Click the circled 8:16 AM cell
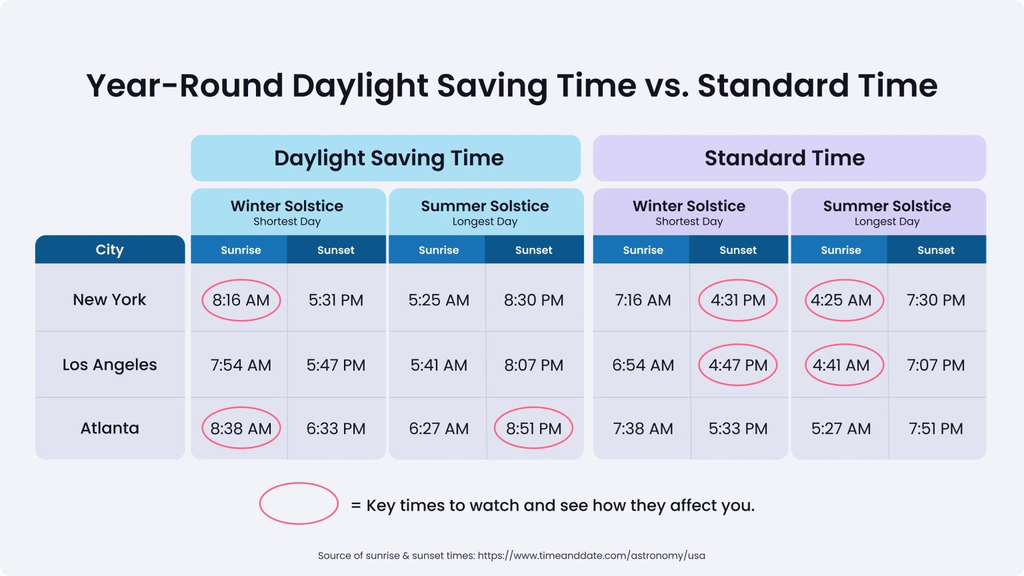[241, 300]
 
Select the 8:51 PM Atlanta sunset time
[533, 428]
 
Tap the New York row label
[109, 300]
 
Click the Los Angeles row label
[109, 365]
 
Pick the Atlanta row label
[109, 428]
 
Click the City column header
[109, 249]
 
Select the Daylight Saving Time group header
[388, 158]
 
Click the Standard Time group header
[784, 158]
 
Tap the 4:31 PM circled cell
[737, 300]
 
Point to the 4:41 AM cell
[841, 365]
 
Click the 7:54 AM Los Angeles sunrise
[241, 365]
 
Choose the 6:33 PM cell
[336, 428]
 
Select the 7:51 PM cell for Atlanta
[935, 428]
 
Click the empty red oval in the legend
[299, 503]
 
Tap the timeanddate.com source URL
[591, 555]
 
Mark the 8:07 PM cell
[533, 365]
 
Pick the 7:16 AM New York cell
[643, 300]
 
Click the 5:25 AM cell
[439, 300]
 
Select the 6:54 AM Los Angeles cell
[643, 365]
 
